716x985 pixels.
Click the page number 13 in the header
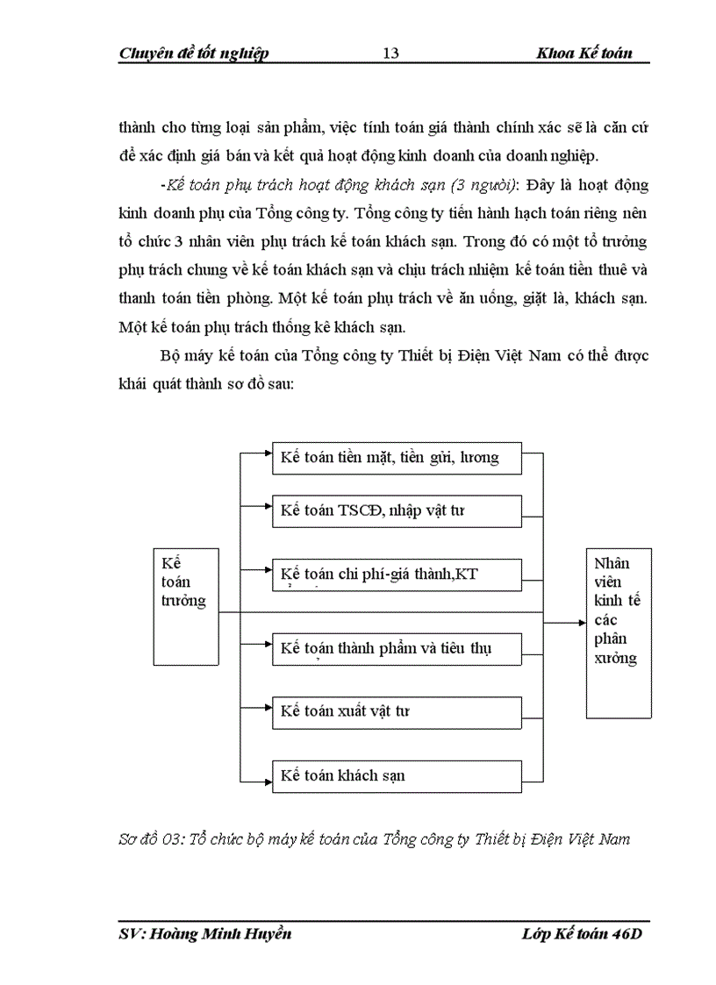click(391, 54)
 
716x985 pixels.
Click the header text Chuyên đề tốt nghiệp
click(193, 54)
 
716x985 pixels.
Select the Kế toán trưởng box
click(184, 611)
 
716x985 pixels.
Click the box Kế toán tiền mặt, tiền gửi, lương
click(397, 458)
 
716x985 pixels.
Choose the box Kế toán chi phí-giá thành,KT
click(397, 575)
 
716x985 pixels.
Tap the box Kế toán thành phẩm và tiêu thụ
click(397, 648)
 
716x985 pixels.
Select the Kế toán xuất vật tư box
click(397, 712)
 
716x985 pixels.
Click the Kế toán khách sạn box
click(397, 776)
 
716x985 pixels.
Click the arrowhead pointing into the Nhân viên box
click(581, 623)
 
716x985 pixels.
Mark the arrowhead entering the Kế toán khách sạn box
click(267, 776)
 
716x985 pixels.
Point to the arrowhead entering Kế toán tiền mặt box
click(267, 453)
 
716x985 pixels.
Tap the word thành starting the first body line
click(139, 128)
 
